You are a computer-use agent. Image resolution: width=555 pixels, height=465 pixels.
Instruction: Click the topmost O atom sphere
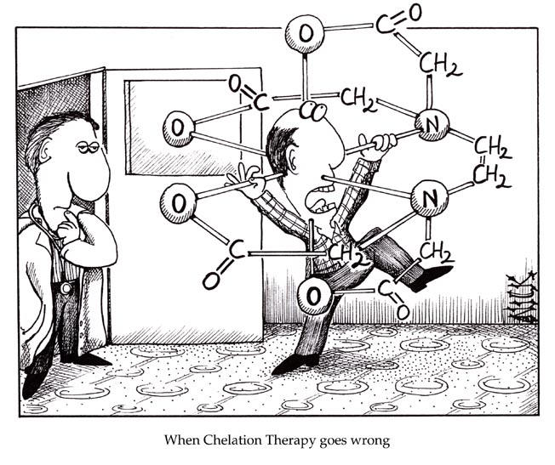click(x=305, y=34)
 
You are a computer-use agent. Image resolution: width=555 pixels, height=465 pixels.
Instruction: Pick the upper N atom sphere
click(x=432, y=124)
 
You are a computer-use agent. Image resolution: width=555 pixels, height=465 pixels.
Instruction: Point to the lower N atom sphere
click(x=429, y=198)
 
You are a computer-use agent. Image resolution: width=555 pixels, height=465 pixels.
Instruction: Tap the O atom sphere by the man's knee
click(x=314, y=296)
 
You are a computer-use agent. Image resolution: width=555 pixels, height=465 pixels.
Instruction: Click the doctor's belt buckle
click(x=66, y=288)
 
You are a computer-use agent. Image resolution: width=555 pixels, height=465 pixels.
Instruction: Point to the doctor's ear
click(x=45, y=153)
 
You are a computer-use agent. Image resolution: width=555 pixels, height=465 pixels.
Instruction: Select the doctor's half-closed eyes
click(x=89, y=146)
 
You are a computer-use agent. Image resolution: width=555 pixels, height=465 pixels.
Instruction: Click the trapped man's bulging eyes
click(x=313, y=111)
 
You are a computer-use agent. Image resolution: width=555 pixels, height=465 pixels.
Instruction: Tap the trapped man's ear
click(x=294, y=160)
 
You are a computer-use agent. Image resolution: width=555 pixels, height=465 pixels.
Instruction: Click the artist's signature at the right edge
click(x=521, y=297)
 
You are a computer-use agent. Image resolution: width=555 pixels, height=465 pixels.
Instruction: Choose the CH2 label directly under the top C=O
click(x=440, y=65)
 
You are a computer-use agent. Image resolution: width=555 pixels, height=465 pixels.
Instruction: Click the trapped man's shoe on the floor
click(x=295, y=363)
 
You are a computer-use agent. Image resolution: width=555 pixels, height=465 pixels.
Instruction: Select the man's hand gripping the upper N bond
click(x=379, y=143)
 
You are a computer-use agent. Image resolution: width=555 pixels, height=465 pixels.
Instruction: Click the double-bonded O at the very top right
click(x=415, y=13)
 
